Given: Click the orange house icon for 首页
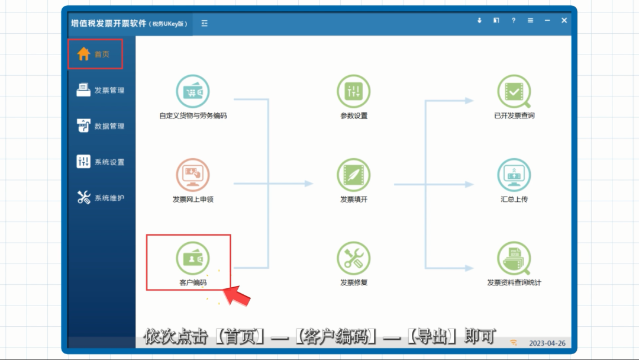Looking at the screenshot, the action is coord(83,54).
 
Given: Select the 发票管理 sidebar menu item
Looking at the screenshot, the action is coord(100,90).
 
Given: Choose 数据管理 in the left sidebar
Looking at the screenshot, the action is coord(100,126).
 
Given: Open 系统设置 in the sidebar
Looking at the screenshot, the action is coord(100,162).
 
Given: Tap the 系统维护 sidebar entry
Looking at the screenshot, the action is coord(100,198).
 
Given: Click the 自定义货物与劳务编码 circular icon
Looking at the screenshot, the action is coord(193,91).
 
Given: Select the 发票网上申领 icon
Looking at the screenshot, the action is coord(193,175).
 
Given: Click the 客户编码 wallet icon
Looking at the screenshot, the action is coord(193,259).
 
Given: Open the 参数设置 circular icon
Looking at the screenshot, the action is coord(354,91).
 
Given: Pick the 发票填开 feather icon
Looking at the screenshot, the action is coord(354,175).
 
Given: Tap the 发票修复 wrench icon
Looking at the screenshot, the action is coord(354,259).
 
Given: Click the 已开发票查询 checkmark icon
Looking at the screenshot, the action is coord(514,91).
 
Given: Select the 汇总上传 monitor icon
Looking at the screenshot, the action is coord(514,175).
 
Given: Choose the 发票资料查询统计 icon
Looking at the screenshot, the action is coord(514,259).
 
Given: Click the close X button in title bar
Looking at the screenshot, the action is coord(564,20).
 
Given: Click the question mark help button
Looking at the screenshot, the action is coord(514,20).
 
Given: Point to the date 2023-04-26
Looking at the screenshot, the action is coord(547,343).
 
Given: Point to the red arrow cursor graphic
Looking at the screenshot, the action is coord(237,295).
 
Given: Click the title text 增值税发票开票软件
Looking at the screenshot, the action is coord(108,23).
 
